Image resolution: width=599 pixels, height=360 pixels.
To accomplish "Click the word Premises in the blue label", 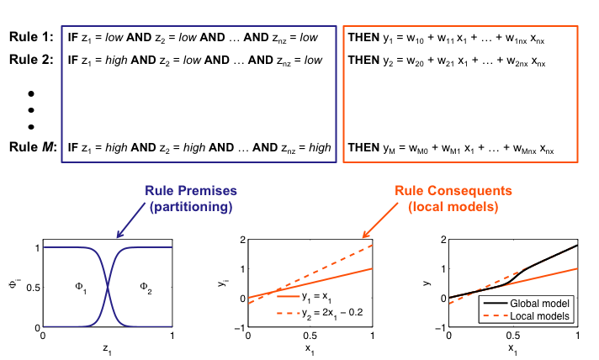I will (x=205, y=191).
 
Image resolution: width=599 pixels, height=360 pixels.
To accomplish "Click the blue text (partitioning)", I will (x=190, y=206).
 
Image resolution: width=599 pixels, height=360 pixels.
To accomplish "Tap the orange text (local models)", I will (x=453, y=206).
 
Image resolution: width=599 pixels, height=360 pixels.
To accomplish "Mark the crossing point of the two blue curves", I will (x=108, y=286).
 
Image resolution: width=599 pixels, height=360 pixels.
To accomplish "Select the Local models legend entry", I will (x=540, y=316).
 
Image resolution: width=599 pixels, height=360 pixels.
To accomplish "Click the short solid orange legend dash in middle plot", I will (x=289, y=296).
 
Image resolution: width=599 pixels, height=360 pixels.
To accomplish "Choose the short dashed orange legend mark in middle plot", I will (x=289, y=313).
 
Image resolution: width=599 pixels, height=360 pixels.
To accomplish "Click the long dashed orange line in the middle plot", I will (x=337, y=261).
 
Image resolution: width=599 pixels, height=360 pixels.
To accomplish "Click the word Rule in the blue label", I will (x=159, y=191).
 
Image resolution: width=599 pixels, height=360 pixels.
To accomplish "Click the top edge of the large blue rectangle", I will (x=199, y=26).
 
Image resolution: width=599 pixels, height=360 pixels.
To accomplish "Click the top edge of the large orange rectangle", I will (x=460, y=26).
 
